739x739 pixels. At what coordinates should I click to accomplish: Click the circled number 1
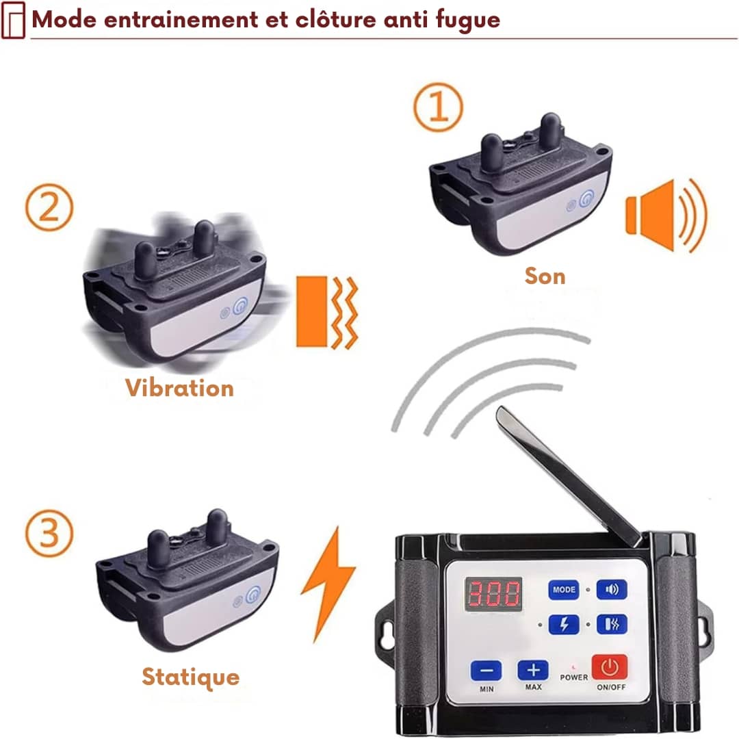[x=438, y=107]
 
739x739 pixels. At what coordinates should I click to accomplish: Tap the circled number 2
[x=49, y=207]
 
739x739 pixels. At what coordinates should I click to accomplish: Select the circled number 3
[x=49, y=534]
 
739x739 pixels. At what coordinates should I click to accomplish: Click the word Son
[x=545, y=276]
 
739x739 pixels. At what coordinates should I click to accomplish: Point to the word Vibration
[x=179, y=388]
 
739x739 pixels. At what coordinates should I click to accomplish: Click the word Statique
[x=190, y=677]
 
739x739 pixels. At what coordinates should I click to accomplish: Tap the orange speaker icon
[x=666, y=215]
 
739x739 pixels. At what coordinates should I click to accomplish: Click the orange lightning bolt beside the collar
[x=328, y=584]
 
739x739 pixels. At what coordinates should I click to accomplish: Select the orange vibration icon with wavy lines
[x=327, y=312]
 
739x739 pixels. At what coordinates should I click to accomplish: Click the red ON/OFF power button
[x=610, y=667]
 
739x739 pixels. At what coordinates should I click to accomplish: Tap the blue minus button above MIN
[x=486, y=671]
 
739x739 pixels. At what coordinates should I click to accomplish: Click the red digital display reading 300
[x=493, y=594]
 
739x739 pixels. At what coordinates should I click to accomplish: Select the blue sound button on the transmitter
[x=612, y=589]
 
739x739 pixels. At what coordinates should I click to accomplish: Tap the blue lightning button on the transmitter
[x=564, y=625]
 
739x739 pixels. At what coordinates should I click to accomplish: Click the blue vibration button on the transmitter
[x=612, y=625]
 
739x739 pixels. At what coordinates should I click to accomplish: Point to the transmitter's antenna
[x=569, y=476]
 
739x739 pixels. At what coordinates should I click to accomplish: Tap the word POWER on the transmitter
[x=573, y=677]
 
